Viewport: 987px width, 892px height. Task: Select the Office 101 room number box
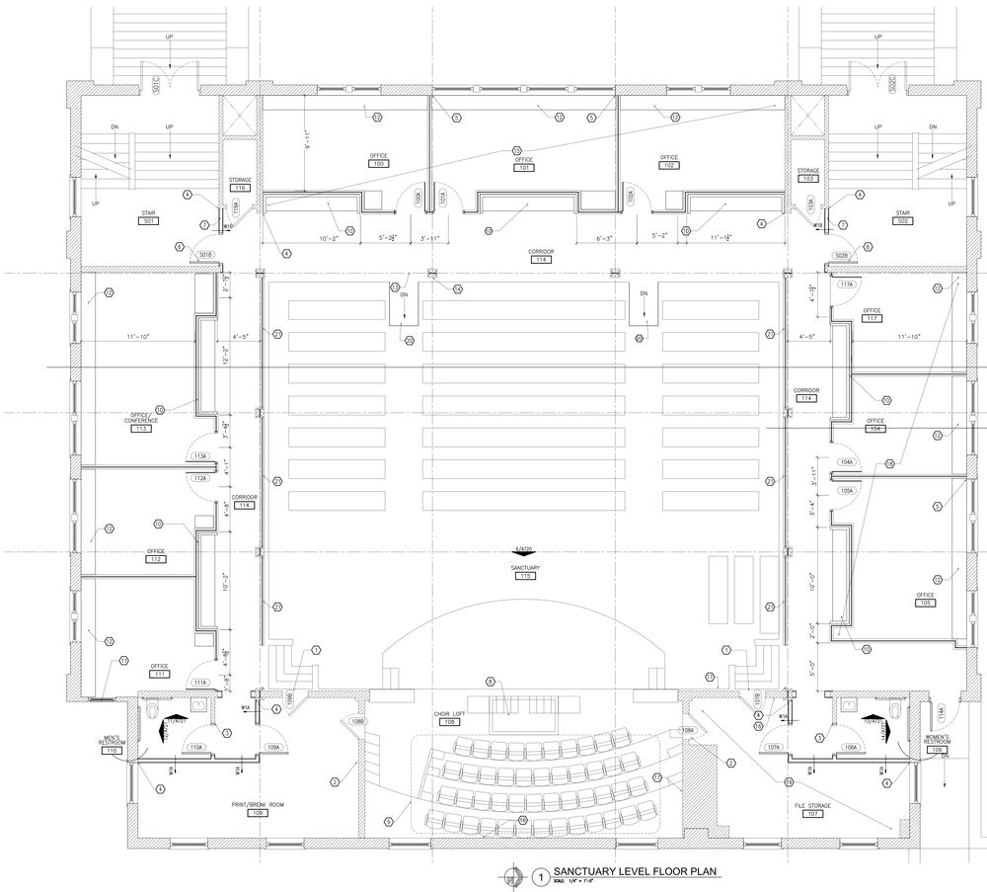[524, 168]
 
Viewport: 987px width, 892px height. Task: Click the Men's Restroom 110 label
[112, 751]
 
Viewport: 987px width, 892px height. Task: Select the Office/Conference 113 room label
[141, 429]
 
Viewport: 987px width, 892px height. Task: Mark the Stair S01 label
[149, 221]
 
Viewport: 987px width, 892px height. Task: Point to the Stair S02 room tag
[901, 221]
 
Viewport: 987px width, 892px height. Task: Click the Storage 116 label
[241, 187]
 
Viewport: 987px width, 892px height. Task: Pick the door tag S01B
[205, 256]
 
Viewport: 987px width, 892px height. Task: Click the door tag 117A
[846, 284]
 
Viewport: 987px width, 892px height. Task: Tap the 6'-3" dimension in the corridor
[606, 239]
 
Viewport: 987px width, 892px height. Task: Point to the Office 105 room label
[925, 603]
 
